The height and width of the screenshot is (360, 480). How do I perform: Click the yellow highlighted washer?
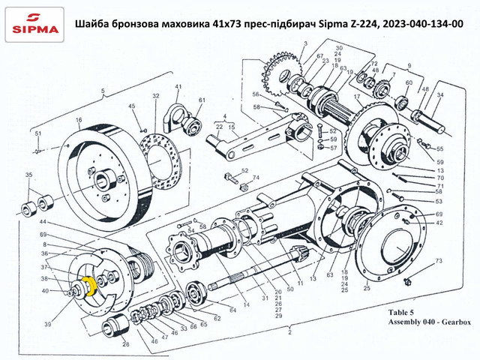point(88,286)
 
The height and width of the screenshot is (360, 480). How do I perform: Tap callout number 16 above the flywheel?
point(77,120)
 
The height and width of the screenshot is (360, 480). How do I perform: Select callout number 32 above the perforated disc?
point(155,97)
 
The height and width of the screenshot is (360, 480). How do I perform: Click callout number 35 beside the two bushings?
point(28,175)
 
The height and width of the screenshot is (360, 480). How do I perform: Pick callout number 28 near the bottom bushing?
point(126,346)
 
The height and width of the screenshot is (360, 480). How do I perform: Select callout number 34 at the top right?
point(441,95)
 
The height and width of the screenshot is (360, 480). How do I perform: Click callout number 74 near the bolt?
point(255,178)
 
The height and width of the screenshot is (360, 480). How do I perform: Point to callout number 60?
point(409,83)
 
